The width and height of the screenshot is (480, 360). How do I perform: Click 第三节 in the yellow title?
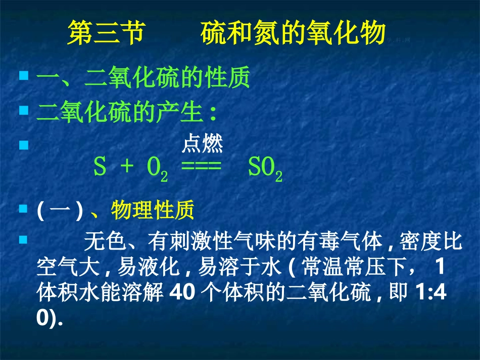[106, 33]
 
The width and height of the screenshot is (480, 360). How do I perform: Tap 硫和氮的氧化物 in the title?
[293, 33]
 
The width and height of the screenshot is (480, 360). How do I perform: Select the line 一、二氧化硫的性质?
[143, 79]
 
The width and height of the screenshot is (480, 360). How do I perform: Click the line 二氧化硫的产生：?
[127, 112]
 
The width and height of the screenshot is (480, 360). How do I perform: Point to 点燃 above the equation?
[202, 145]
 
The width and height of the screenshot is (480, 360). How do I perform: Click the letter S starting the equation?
[100, 168]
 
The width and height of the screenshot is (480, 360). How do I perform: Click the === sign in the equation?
[201, 168]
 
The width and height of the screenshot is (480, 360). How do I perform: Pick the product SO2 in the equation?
[265, 169]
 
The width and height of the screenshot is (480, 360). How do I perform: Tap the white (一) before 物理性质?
[60, 211]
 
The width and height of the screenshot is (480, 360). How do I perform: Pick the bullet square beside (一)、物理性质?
[23, 208]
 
